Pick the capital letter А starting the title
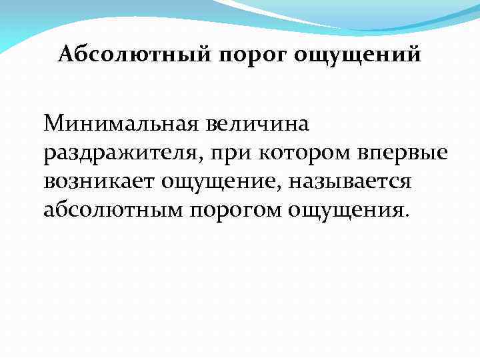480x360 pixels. [x=65, y=54]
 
